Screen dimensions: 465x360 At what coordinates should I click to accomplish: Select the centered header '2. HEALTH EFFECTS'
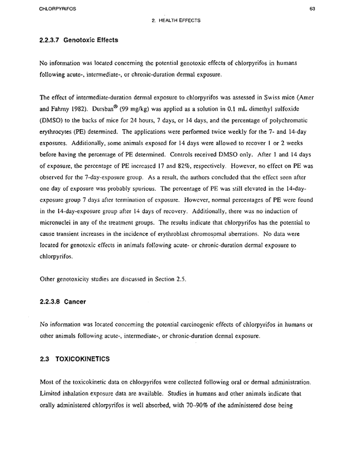point(176,21)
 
